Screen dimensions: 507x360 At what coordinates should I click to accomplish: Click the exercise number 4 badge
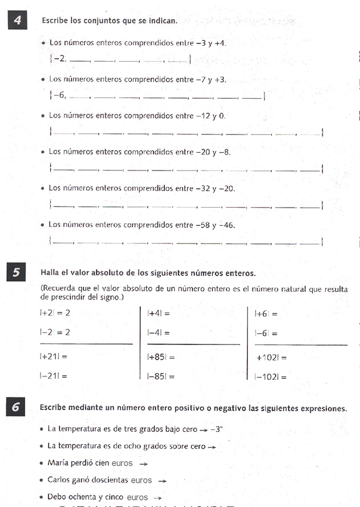point(18,21)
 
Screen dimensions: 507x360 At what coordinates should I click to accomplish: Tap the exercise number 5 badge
point(18,273)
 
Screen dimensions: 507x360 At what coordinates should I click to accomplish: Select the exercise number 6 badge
point(18,407)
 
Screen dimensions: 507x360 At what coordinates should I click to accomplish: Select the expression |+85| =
point(160,357)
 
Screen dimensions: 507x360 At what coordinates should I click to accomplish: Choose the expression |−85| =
point(160,376)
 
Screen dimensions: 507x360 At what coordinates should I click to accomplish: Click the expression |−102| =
point(270,377)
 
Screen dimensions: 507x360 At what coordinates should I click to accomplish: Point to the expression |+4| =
point(159,313)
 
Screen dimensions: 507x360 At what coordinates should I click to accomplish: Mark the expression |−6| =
point(266,334)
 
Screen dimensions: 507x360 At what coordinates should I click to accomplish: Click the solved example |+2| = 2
point(55,313)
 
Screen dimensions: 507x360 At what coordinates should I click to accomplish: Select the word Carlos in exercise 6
point(59,480)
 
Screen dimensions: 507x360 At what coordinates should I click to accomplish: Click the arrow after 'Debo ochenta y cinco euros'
point(158,498)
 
